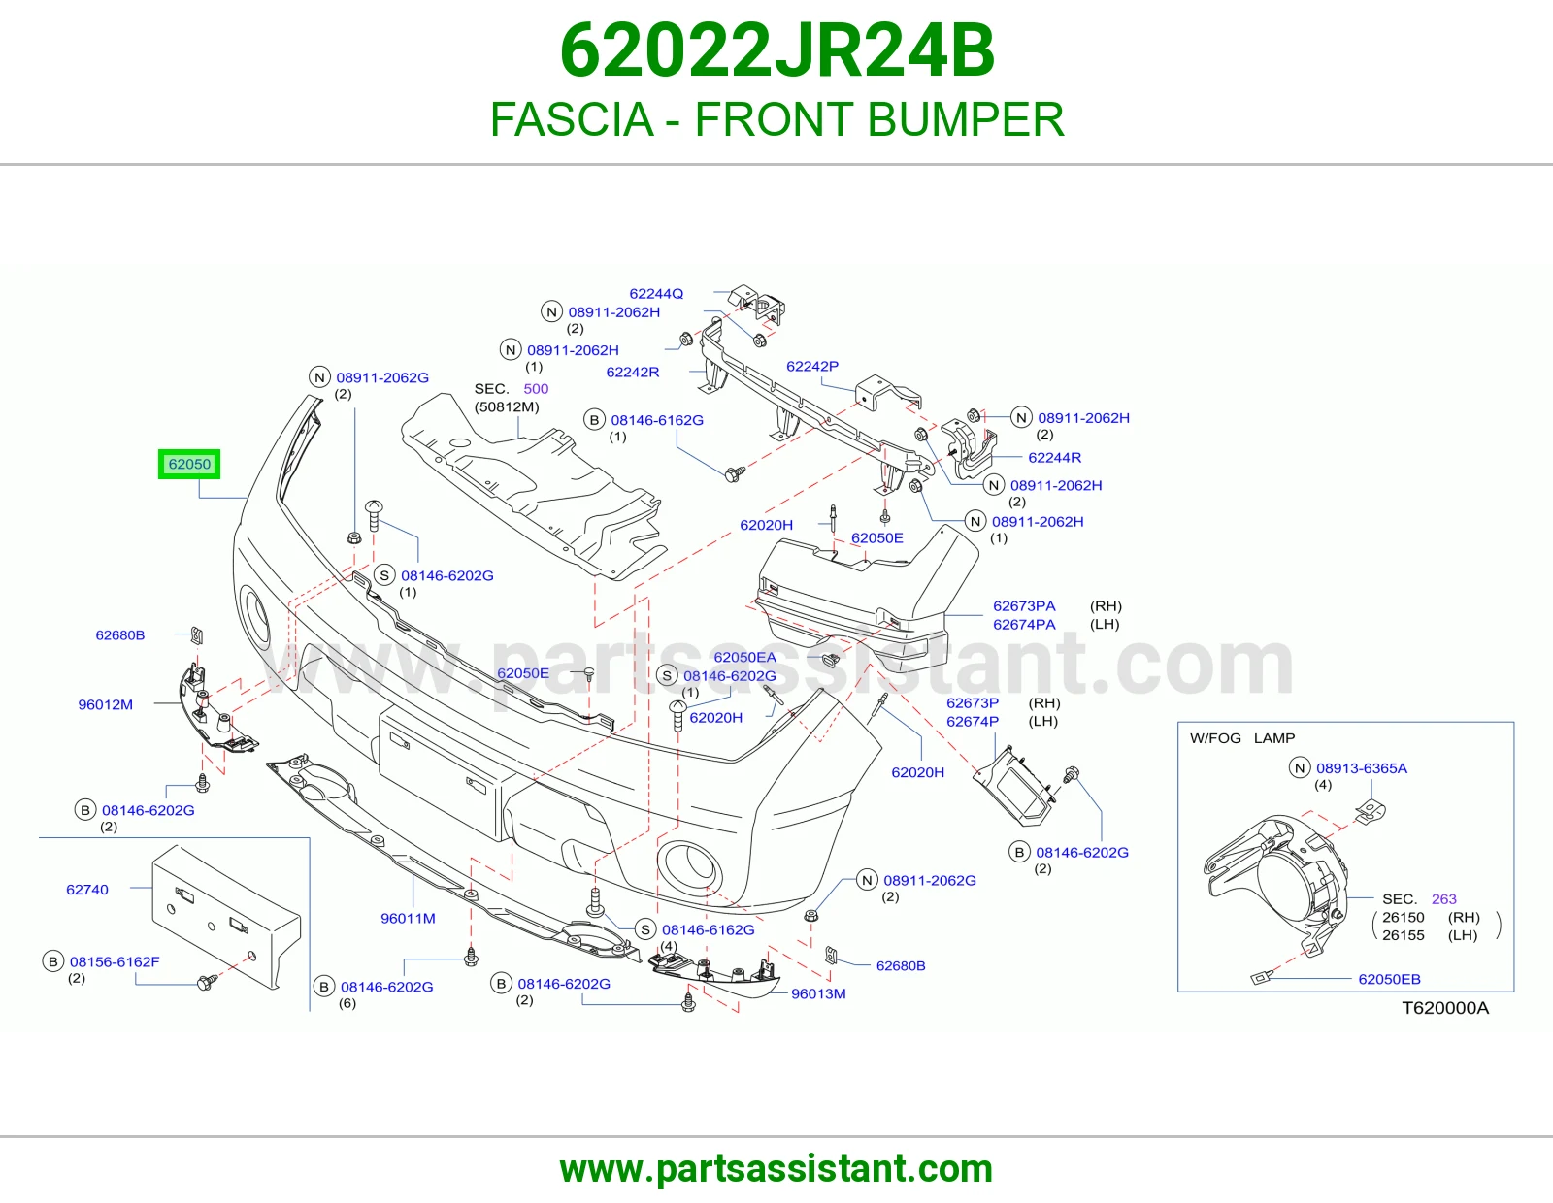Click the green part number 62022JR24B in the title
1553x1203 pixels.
[x=776, y=50]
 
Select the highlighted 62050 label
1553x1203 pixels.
[x=189, y=465]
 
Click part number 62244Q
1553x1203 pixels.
[x=656, y=294]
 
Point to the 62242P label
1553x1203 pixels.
[x=811, y=367]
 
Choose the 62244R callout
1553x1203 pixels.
[x=1054, y=457]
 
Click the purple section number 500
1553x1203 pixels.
[x=536, y=389]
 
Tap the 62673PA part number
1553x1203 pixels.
[x=1024, y=605]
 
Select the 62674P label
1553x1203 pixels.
[x=973, y=722]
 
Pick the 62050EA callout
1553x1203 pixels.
[x=744, y=657]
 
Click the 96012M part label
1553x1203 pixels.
[x=105, y=704]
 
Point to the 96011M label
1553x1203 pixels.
[x=408, y=918]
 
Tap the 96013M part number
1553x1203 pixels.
[x=818, y=993]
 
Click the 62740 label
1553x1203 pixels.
[x=87, y=890]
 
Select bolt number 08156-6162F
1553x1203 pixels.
[x=115, y=961]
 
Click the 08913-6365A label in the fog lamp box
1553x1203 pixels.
[x=1362, y=768]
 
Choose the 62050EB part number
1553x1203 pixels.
[x=1389, y=979]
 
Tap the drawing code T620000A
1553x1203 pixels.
[x=1445, y=1008]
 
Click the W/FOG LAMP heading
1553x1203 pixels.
[x=1242, y=738]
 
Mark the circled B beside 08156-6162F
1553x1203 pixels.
[x=52, y=961]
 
